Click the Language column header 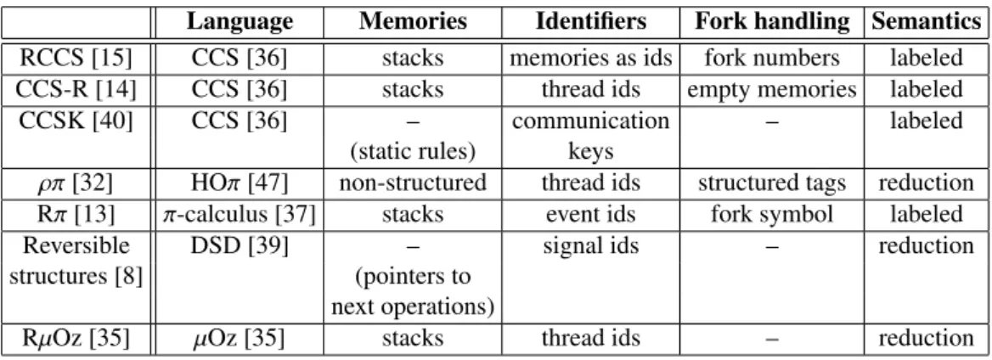point(240,21)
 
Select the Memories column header point(413,21)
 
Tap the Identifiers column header point(591,21)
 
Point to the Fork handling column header point(772,21)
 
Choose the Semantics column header point(927,21)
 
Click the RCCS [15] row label point(76,59)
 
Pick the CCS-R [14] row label point(76,89)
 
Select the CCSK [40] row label point(76,121)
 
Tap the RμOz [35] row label point(76,339)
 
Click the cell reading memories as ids point(591,59)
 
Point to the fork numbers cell point(772,59)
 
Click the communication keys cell point(591,135)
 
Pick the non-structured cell point(413,183)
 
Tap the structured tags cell point(772,183)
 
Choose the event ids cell point(591,214)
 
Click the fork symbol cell point(772,215)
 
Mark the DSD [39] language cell point(240,245)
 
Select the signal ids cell point(591,245)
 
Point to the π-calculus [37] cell point(240,215)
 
